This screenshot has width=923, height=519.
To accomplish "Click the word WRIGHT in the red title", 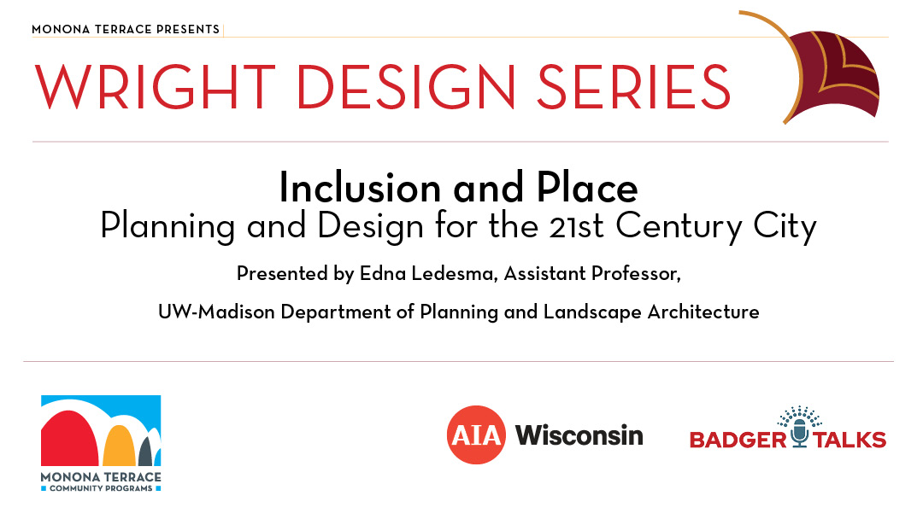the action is click(155, 86).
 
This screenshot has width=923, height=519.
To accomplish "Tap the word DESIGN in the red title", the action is click(406, 86).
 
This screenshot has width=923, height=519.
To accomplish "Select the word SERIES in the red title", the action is click(633, 86).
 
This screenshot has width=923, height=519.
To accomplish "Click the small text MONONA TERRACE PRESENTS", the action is click(126, 29).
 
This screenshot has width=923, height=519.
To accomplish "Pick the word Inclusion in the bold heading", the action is click(360, 188).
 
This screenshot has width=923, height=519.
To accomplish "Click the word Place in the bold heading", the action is click(587, 188).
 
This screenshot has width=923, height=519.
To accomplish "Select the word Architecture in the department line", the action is click(703, 312).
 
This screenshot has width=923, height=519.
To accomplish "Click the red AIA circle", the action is click(476, 435).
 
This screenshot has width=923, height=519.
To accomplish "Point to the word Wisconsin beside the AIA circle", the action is click(579, 435).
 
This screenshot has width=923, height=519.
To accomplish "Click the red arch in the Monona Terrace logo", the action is click(69, 438).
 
